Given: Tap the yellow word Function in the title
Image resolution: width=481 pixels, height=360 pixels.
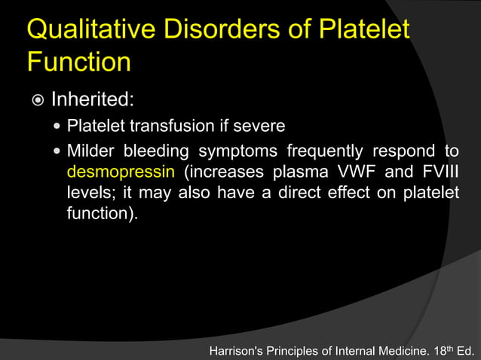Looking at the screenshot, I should click(x=79, y=63).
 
